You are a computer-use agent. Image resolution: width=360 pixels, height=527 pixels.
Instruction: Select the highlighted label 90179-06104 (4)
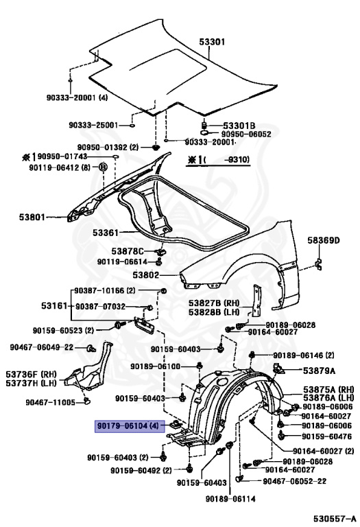click(x=128, y=426)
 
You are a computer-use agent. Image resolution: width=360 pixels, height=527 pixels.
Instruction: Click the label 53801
click(x=32, y=218)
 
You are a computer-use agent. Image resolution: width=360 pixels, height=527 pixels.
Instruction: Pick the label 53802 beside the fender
click(x=145, y=274)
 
